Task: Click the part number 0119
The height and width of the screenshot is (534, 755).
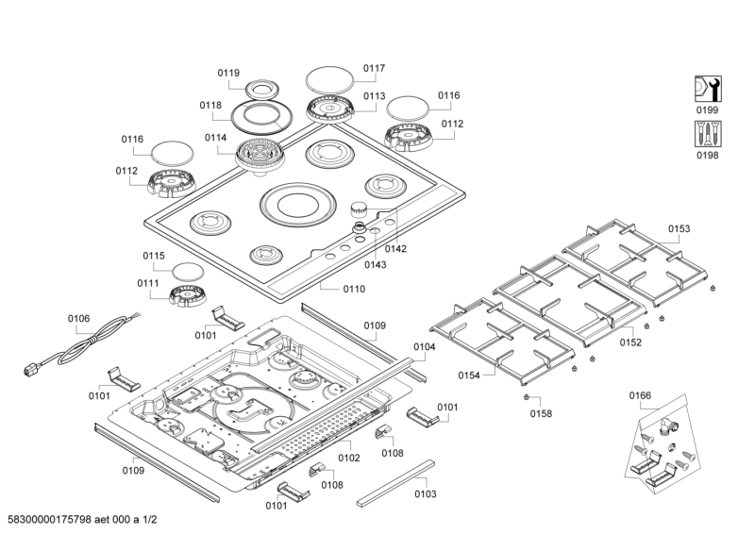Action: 227,73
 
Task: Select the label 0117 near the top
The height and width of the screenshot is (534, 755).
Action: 374,68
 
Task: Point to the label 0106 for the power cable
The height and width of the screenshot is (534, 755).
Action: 79,318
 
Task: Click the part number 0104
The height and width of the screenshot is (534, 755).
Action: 424,347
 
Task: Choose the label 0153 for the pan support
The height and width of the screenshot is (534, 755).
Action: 679,228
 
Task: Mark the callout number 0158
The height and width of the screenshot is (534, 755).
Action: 540,413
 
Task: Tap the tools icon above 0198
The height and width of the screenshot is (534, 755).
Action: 707,134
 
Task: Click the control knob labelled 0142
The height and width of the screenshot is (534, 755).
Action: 360,209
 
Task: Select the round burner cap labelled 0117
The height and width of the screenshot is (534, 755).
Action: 327,77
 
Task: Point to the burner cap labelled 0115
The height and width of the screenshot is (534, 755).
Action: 188,272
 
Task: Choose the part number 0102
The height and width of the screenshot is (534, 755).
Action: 348,458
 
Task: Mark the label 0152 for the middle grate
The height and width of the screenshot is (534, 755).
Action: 630,342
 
